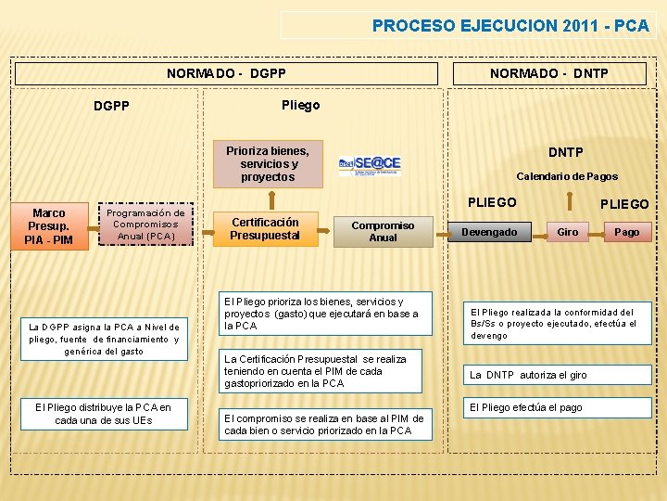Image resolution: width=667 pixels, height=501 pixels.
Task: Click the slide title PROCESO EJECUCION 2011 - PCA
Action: click(510, 26)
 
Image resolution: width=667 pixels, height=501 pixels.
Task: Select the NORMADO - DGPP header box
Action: click(226, 73)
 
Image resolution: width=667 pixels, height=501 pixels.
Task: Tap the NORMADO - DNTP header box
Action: click(549, 73)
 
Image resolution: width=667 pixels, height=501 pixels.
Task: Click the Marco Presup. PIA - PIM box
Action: click(49, 226)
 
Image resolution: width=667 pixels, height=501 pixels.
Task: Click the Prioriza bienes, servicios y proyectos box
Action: click(268, 163)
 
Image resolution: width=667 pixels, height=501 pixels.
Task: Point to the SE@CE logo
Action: click(370, 164)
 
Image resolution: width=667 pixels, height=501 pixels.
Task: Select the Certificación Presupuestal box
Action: click(265, 228)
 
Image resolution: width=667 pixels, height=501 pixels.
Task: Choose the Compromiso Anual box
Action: click(383, 231)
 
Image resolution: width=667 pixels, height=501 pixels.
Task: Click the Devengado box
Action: click(489, 232)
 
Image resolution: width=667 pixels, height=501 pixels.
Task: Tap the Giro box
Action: click(567, 232)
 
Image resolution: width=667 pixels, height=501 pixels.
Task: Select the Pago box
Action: click(626, 232)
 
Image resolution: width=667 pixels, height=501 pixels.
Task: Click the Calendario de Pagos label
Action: click(566, 176)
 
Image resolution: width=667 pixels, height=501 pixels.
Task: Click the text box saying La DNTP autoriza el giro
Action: click(528, 375)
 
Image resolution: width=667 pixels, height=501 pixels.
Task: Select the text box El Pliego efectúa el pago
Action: click(526, 407)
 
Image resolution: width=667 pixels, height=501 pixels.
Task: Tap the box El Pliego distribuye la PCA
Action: click(103, 414)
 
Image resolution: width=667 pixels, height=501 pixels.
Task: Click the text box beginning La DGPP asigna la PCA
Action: click(104, 339)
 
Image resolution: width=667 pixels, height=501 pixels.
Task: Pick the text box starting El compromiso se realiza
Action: click(324, 425)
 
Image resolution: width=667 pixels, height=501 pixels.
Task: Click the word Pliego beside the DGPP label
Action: click(300, 105)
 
